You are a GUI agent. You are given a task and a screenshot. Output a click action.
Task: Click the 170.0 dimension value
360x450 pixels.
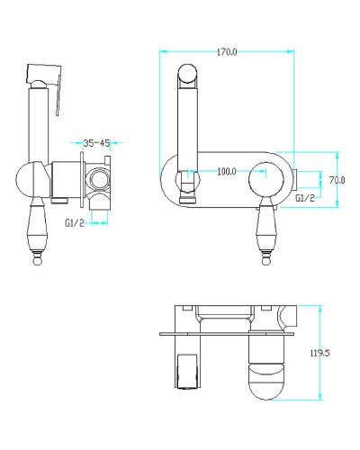click(227, 52)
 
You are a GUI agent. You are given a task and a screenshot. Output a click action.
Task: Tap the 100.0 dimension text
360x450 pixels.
click(227, 172)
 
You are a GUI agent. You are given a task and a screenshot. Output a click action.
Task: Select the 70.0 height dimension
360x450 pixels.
click(337, 180)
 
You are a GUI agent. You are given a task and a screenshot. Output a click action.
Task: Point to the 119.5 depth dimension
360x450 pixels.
click(319, 353)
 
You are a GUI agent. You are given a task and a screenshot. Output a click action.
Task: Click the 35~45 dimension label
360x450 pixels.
click(96, 143)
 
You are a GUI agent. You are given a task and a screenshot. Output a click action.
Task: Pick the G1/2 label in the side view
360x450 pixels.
click(75, 223)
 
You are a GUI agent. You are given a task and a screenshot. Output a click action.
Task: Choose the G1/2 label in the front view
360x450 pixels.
click(305, 198)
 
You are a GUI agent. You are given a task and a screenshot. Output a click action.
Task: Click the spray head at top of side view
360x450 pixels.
click(44, 74)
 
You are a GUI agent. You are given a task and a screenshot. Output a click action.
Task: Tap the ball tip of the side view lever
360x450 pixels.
click(38, 262)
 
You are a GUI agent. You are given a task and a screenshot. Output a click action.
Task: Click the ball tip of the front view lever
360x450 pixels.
click(266, 260)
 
